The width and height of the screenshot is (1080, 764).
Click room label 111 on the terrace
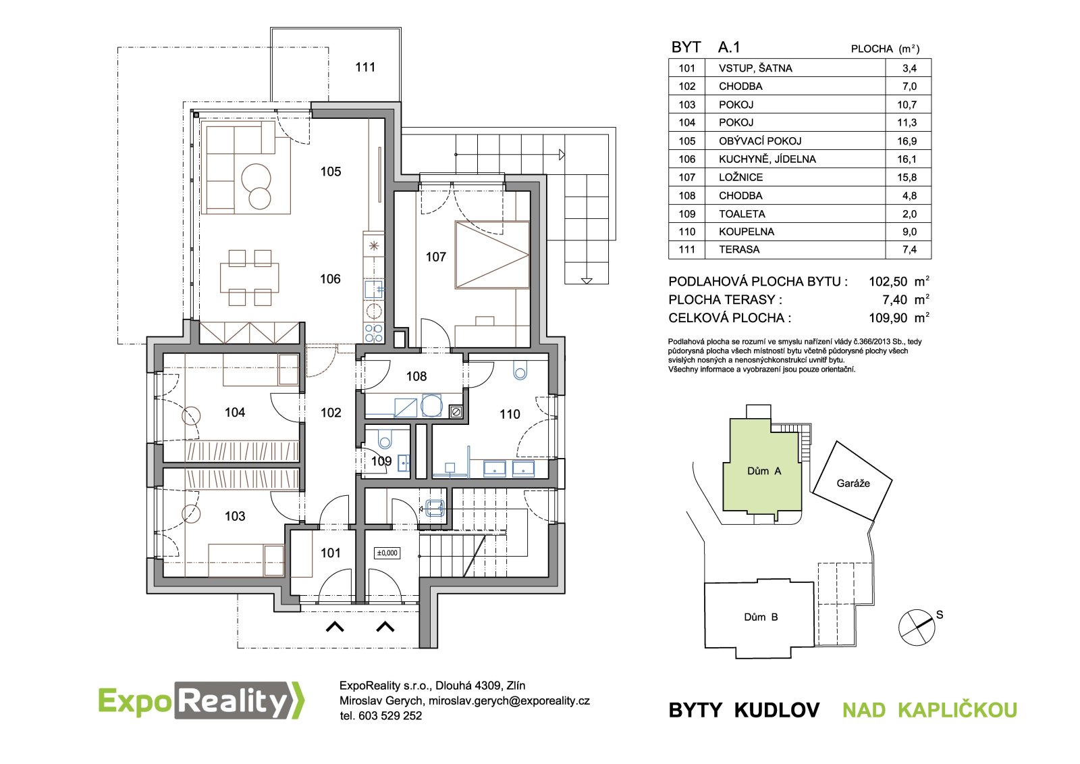click(365, 67)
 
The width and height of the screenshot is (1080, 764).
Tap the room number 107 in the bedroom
click(436, 257)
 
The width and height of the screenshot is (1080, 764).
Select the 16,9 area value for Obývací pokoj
click(907, 141)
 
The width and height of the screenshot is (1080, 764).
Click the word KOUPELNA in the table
click(747, 232)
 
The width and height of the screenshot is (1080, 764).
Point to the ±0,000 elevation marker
click(387, 553)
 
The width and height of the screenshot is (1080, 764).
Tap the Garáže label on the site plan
click(853, 483)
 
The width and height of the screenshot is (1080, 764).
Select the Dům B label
click(761, 617)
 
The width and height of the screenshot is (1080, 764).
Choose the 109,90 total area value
click(888, 318)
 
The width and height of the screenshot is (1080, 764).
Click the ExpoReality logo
click(202, 701)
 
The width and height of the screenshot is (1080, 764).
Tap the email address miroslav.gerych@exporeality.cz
click(509, 701)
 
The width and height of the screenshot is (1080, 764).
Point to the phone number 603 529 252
click(390, 716)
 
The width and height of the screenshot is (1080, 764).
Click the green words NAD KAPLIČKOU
click(929, 710)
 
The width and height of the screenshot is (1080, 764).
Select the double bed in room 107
click(492, 255)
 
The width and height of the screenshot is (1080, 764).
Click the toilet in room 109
click(385, 438)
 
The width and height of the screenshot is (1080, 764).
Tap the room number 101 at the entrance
click(331, 553)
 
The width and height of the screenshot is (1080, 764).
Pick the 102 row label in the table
click(687, 86)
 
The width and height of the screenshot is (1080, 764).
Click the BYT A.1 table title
click(705, 47)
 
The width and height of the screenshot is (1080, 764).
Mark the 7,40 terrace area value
click(895, 300)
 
